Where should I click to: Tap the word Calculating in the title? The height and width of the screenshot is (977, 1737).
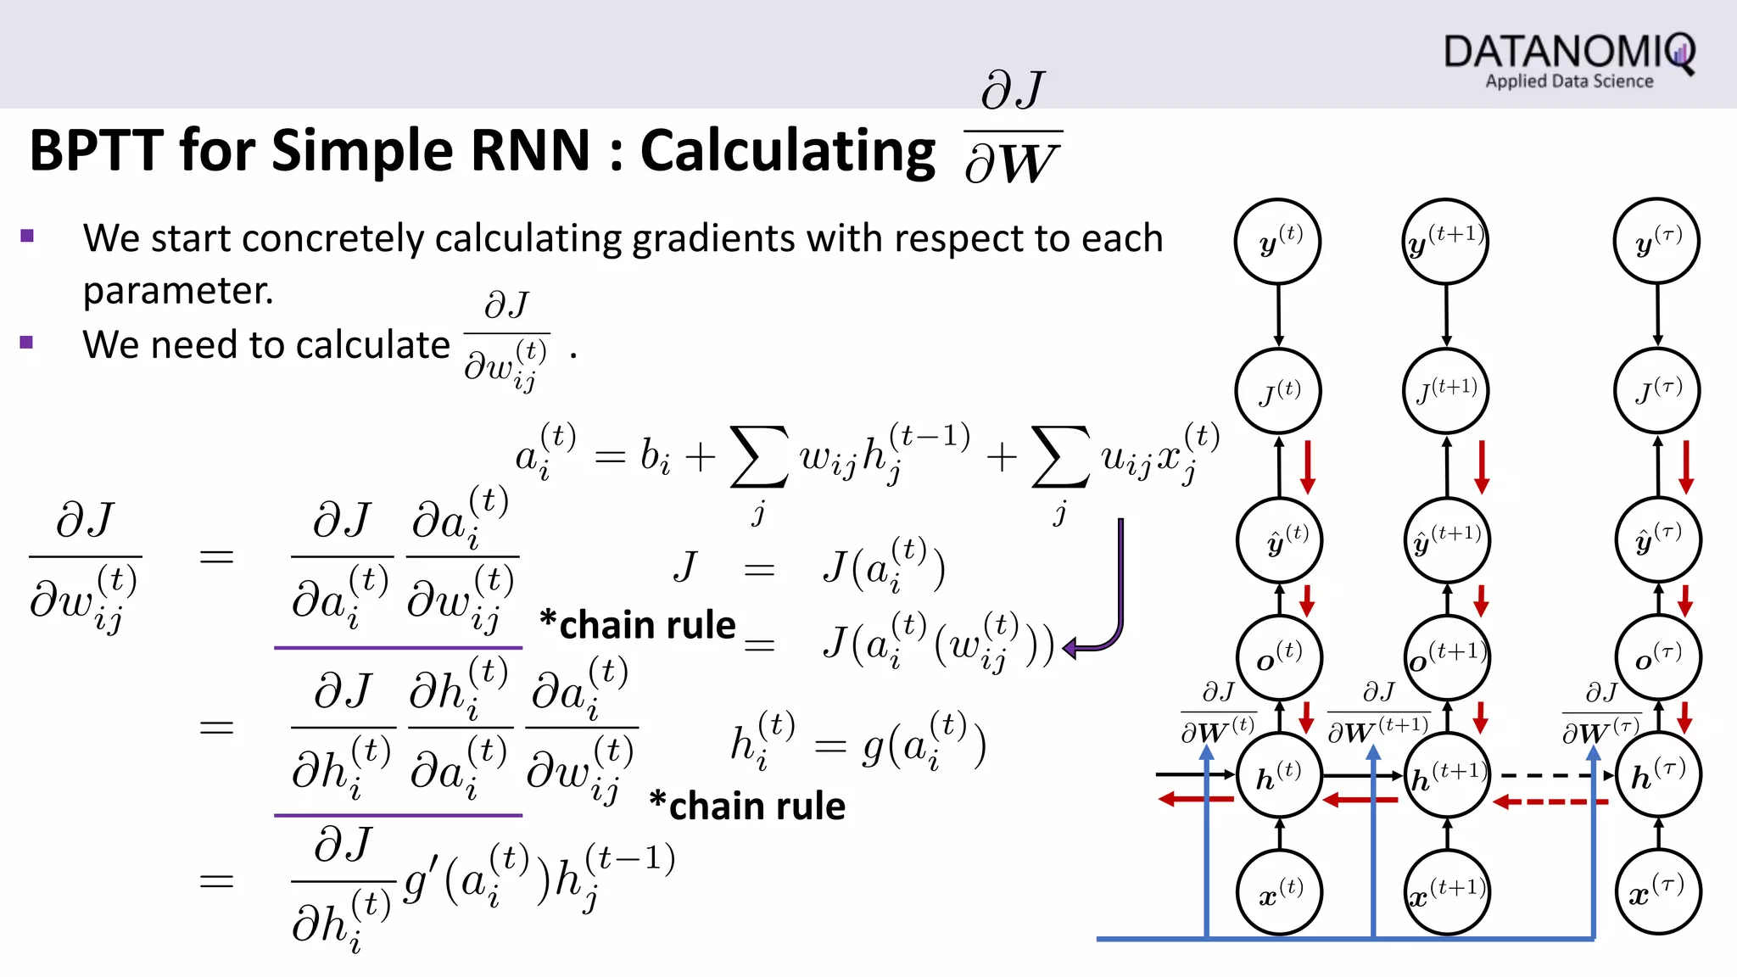click(787, 151)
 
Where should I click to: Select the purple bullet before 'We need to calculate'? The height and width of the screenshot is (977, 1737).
click(27, 343)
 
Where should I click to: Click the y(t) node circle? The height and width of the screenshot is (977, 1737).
click(1278, 242)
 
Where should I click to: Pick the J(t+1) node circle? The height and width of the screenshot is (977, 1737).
click(1446, 391)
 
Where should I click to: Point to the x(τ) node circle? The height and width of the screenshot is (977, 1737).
click(1657, 893)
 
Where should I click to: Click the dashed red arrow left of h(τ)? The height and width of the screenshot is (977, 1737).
click(1549, 801)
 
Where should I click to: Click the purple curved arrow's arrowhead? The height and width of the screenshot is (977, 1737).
click(1071, 649)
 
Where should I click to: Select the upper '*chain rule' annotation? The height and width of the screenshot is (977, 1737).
click(638, 625)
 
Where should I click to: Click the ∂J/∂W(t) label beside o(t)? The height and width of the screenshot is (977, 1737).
click(1218, 713)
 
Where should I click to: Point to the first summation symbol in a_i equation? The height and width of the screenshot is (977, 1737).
click(759, 457)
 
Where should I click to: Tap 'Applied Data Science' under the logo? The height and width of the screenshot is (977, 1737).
click(1569, 81)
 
